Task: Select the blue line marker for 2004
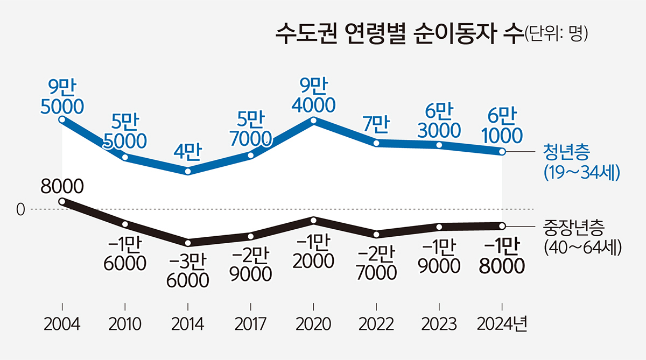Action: pyautogui.click(x=62, y=120)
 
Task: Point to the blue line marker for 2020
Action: pyautogui.click(x=314, y=120)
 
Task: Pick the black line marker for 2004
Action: pyautogui.click(x=62, y=202)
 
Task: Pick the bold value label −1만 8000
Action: pyautogui.click(x=502, y=256)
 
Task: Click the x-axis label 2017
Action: pyautogui.click(x=251, y=324)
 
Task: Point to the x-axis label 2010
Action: pyautogui.click(x=125, y=324)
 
